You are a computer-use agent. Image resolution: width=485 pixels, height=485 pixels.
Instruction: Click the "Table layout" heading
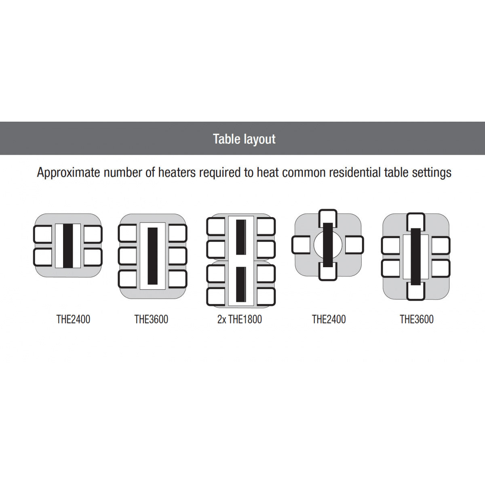(244, 139)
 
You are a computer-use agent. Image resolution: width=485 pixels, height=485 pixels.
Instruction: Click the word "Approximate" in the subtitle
(68, 173)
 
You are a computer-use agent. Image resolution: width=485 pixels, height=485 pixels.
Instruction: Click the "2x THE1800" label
(240, 319)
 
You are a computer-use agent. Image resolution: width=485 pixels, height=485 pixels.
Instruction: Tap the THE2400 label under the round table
(329, 319)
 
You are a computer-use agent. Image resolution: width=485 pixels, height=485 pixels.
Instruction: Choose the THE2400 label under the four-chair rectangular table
(73, 319)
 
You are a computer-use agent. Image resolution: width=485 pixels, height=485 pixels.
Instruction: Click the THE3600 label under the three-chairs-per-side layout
(151, 319)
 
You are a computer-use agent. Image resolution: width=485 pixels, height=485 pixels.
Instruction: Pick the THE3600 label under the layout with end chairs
(417, 319)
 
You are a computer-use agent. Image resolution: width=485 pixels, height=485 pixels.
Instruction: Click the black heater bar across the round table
(328, 245)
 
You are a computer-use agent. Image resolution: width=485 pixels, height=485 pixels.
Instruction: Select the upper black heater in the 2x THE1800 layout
(241, 237)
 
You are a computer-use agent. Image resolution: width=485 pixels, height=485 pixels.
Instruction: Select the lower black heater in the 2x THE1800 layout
(241, 285)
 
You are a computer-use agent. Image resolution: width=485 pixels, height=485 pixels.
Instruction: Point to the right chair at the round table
(354, 245)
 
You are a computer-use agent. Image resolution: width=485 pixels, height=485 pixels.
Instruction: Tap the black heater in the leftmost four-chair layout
(68, 245)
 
